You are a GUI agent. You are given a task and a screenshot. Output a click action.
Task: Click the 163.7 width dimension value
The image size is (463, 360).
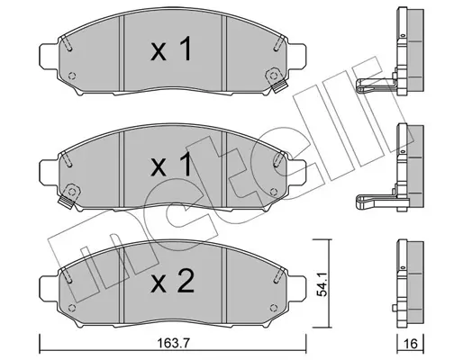pos(174,343)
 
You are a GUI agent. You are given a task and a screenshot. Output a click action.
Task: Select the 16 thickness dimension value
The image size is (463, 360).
pos(411,344)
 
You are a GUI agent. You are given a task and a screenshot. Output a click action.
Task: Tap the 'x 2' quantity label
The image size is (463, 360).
pos(172,282)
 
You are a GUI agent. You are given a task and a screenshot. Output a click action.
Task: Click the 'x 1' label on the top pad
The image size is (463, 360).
pos(171,49)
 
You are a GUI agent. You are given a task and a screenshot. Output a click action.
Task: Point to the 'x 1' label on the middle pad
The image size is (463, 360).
pos(171,164)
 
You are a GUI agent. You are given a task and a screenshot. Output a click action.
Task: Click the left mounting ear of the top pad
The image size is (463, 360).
pos(49,56)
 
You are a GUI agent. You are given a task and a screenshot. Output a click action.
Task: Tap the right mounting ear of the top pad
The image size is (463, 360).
pos(296,56)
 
